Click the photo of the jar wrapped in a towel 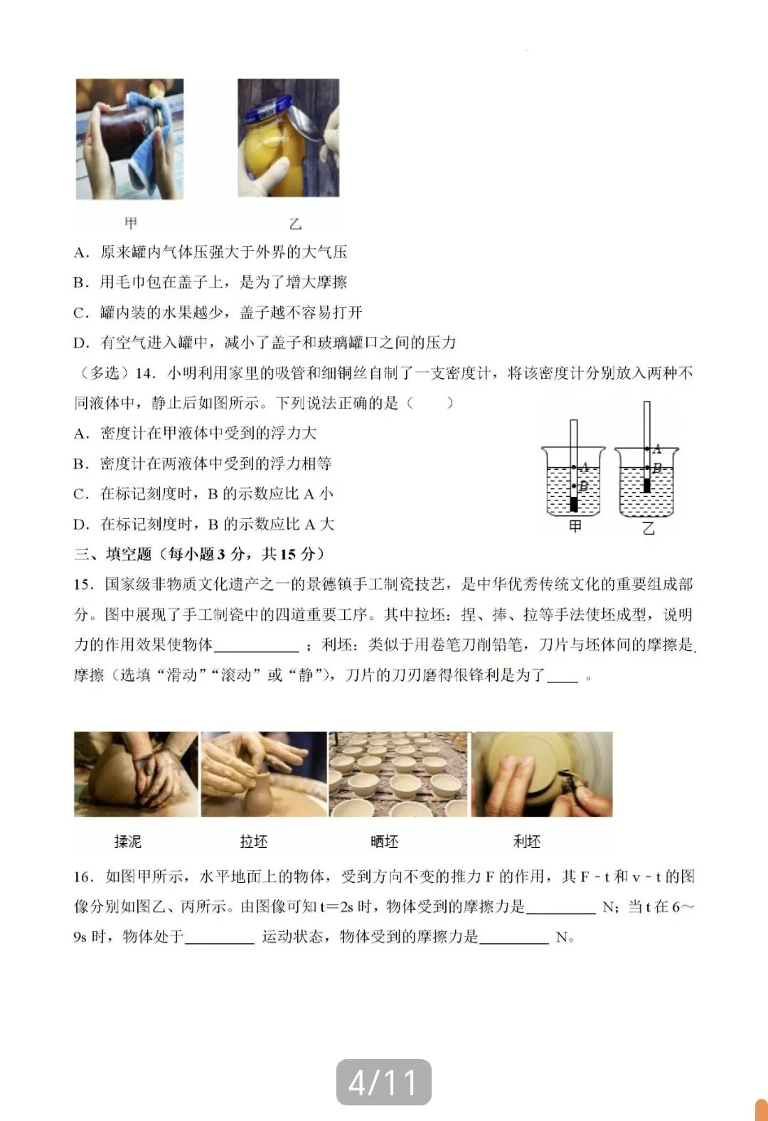pyautogui.click(x=129, y=139)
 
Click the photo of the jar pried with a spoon pyautogui.click(x=288, y=138)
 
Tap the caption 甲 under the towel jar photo pyautogui.click(x=131, y=223)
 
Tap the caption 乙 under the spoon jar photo pyautogui.click(x=295, y=224)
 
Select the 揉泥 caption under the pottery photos pyautogui.click(x=128, y=842)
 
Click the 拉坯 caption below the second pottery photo pyautogui.click(x=254, y=842)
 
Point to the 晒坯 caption pyautogui.click(x=385, y=842)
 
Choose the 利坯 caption pyautogui.click(x=527, y=842)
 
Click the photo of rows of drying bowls pyautogui.click(x=398, y=774)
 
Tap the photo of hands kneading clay pyautogui.click(x=136, y=774)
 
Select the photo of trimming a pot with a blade pyautogui.click(x=542, y=774)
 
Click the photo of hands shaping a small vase pyautogui.click(x=264, y=774)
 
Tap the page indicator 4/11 pyautogui.click(x=384, y=1082)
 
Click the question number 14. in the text pyautogui.click(x=145, y=373)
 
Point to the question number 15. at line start pyautogui.click(x=84, y=584)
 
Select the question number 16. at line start pyautogui.click(x=84, y=876)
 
